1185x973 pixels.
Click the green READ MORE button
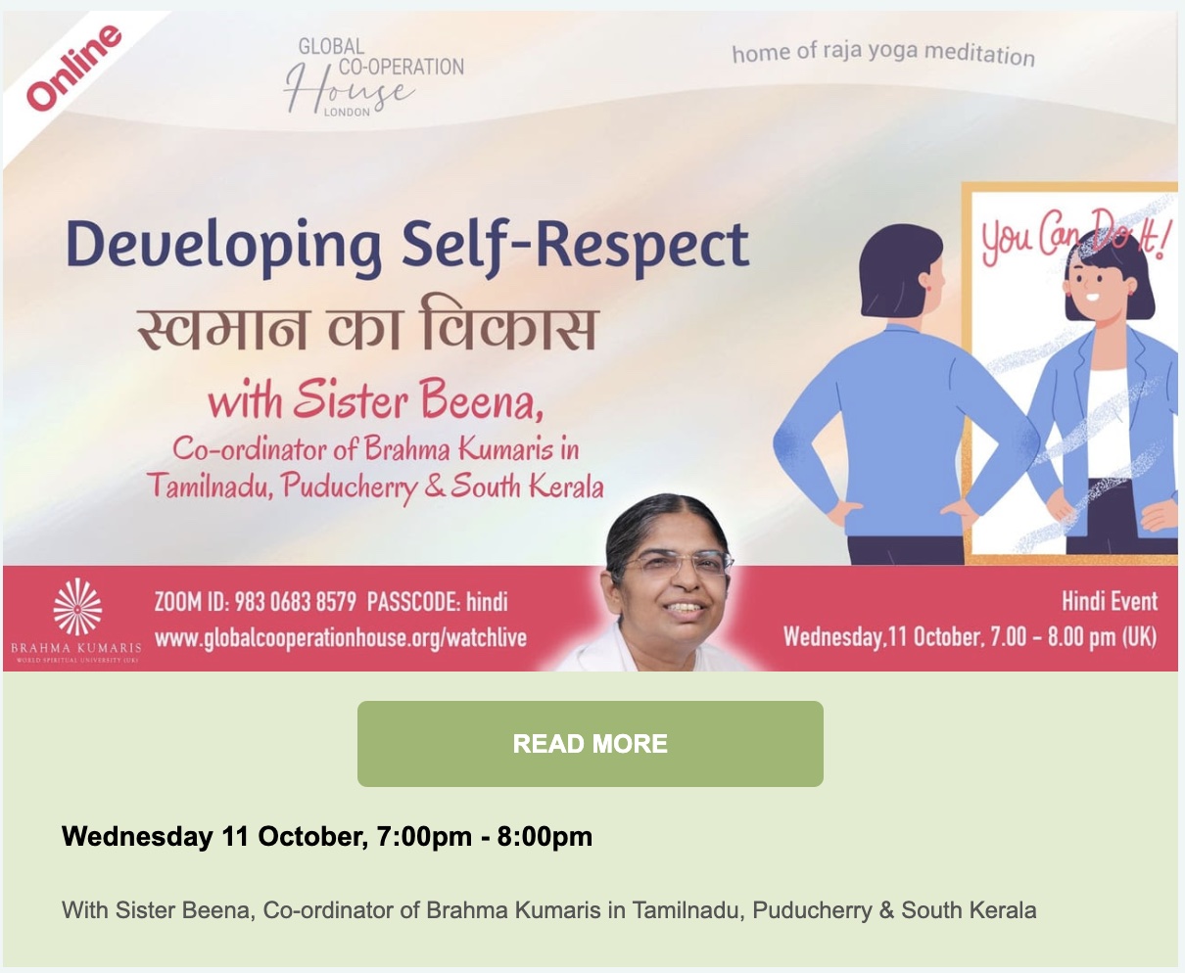[590, 743]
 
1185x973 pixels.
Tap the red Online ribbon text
[73, 68]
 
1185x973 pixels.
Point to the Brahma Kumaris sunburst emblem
[77, 607]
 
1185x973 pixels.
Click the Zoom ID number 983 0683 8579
[295, 602]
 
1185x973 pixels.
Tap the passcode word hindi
[487, 602]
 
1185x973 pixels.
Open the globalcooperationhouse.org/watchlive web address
[341, 638]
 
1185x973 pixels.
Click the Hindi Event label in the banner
[1110, 601]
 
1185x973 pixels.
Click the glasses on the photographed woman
[677, 563]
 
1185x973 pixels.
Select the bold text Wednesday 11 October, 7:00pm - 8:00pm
[327, 837]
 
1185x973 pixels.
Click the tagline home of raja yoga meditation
[883, 54]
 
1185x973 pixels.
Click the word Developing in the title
[223, 248]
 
